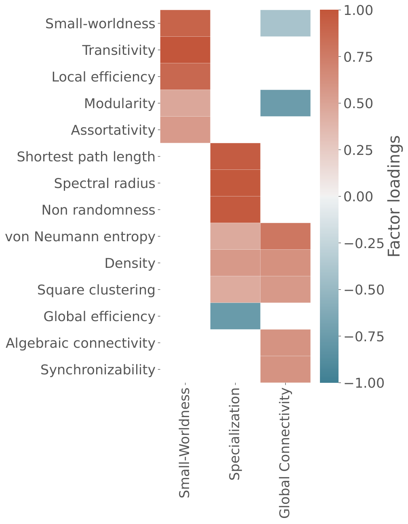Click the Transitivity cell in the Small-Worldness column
click(185, 50)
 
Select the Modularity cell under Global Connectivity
click(285, 103)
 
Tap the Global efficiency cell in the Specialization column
click(236, 316)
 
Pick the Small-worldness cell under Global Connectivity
click(285, 23)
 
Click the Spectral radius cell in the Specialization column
click(236, 183)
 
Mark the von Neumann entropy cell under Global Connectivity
click(285, 236)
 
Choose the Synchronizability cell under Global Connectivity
click(285, 369)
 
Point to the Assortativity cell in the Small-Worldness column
click(185, 130)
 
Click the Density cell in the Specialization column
click(236, 263)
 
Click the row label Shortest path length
click(86, 157)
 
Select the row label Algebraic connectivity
click(80, 343)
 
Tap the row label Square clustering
click(96, 290)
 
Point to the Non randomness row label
click(99, 210)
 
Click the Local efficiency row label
click(103, 77)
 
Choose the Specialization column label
click(234, 434)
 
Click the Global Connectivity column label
click(285, 453)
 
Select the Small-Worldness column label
click(184, 443)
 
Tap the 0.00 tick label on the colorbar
click(358, 196)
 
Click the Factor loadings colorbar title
click(394, 196)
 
